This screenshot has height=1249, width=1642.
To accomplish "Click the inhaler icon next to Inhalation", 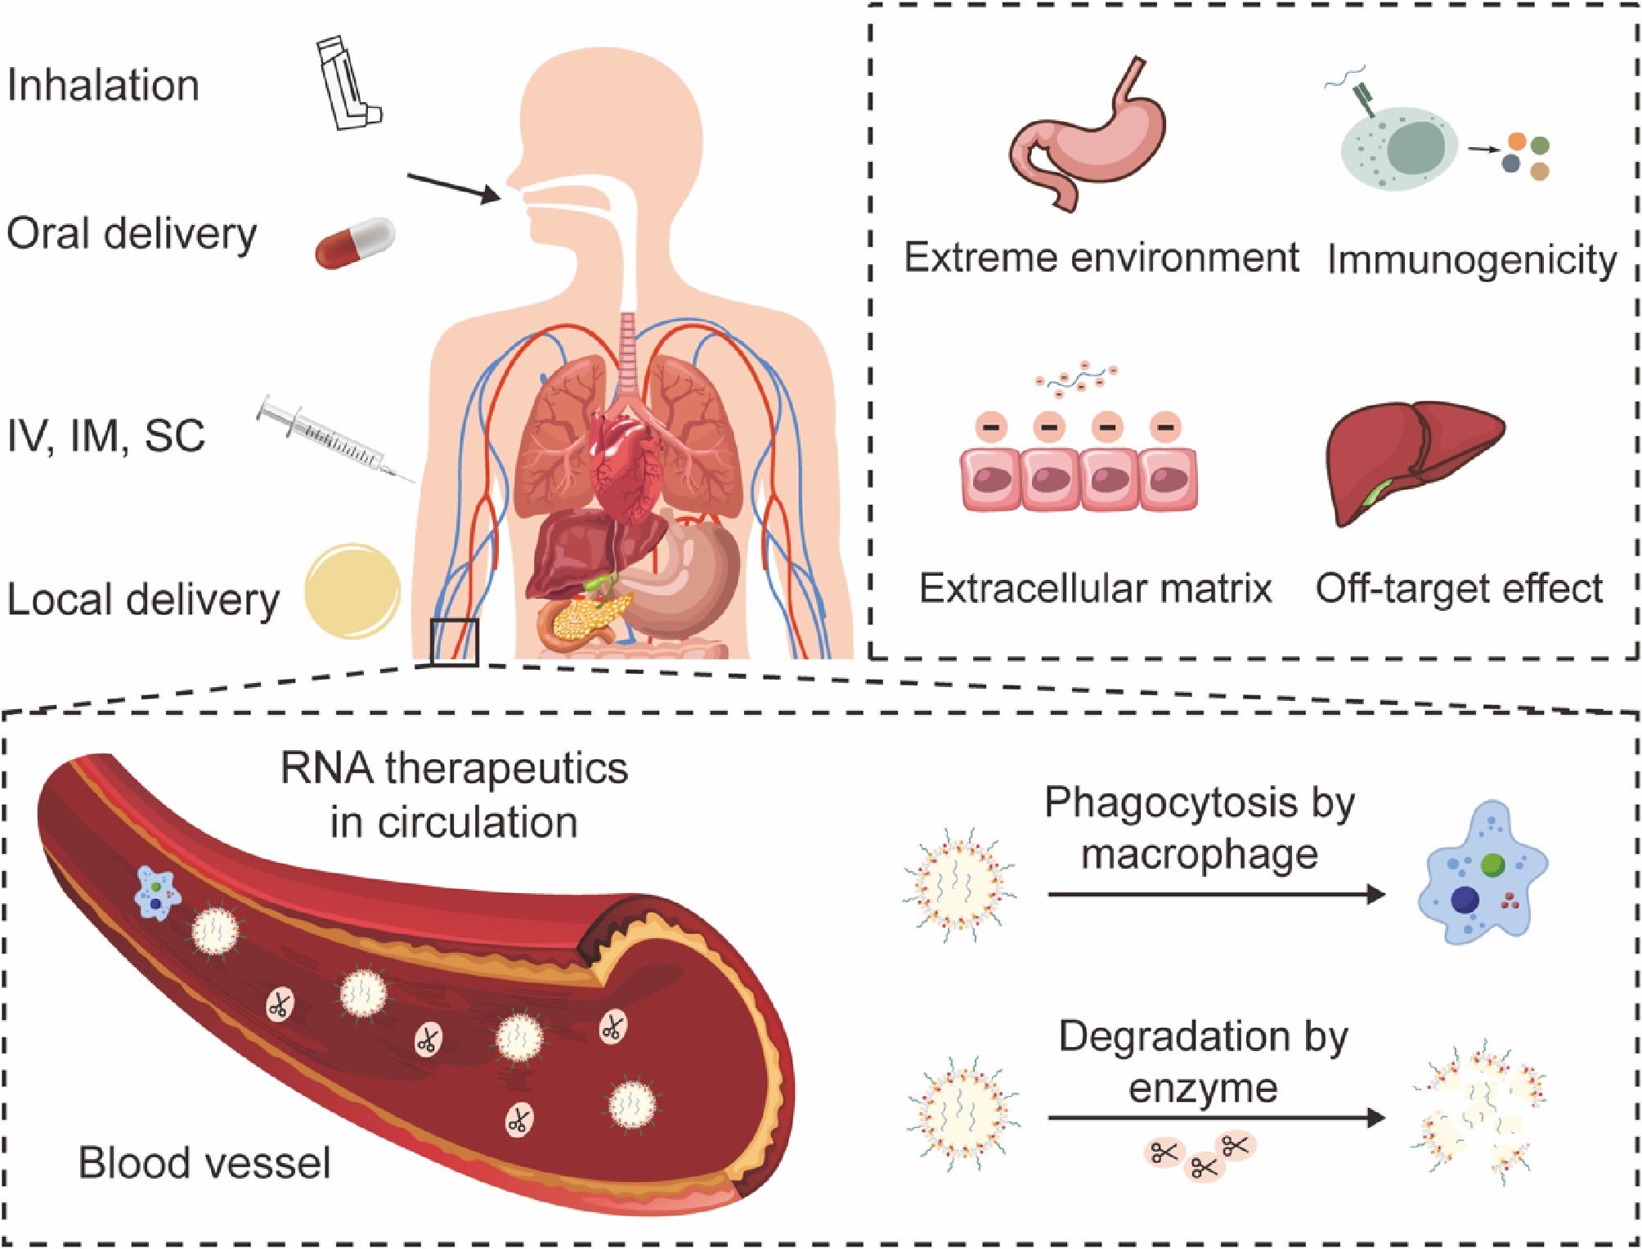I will [348, 84].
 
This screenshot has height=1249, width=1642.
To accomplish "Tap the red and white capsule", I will [355, 242].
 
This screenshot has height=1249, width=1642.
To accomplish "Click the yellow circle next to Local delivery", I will [352, 591].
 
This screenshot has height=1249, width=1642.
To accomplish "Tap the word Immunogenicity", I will [1471, 260].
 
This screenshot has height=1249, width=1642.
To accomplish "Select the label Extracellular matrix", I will [1095, 588].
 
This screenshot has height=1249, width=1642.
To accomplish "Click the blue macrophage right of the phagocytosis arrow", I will [1482, 871].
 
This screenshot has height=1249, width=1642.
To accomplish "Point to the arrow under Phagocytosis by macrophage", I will [1215, 894].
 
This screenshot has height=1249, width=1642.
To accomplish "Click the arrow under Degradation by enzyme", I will [1215, 1116].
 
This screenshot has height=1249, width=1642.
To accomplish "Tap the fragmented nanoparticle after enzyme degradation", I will [1478, 1112].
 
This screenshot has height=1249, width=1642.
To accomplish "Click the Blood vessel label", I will [204, 1162].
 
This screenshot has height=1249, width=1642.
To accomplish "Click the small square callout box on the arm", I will [454, 641].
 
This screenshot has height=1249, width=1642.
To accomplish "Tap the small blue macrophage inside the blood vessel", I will [156, 894].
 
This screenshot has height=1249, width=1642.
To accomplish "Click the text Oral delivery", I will [132, 234].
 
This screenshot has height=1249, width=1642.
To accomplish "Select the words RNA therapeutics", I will [454, 768].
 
